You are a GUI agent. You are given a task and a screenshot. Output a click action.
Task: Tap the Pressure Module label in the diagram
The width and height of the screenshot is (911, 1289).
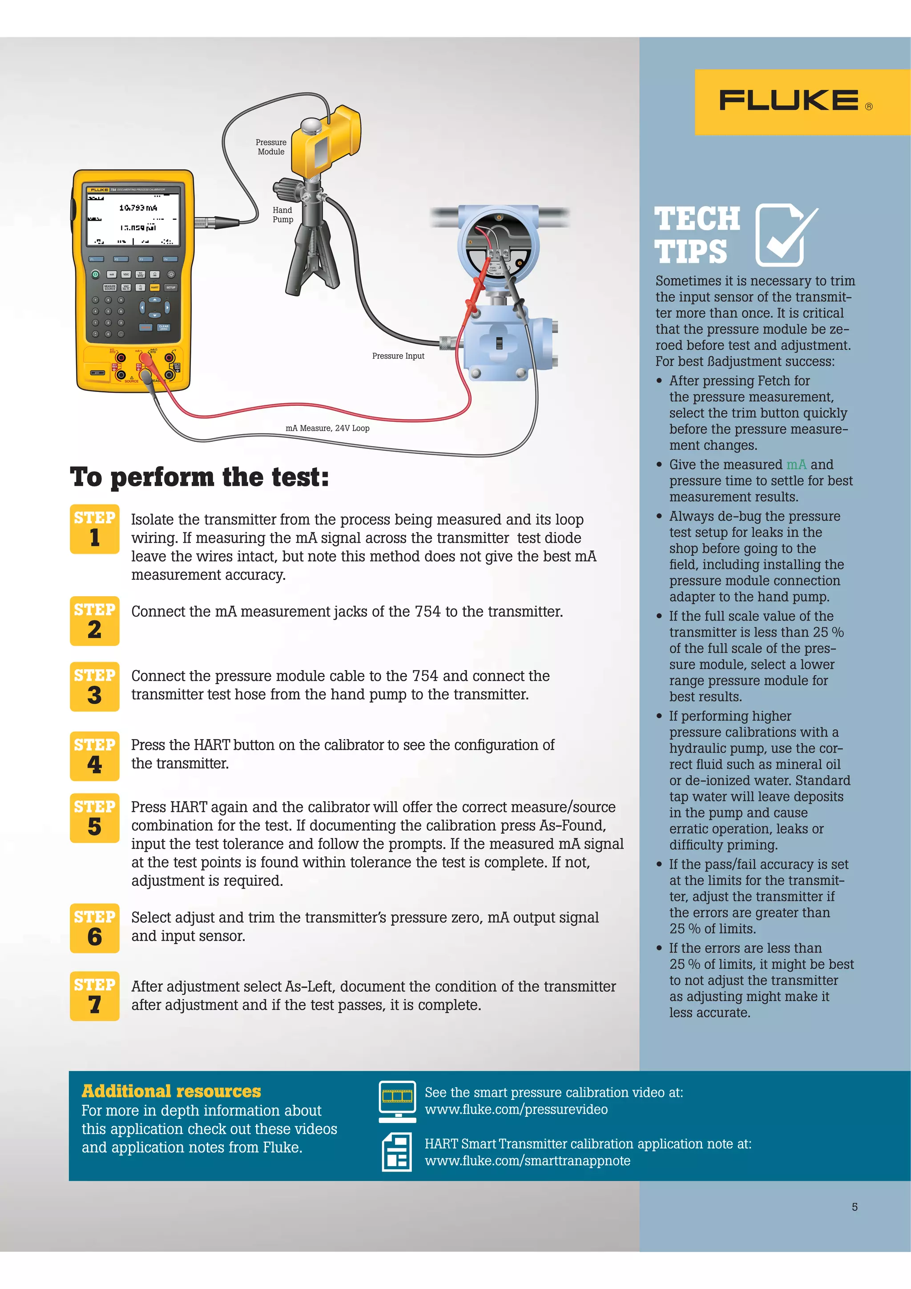271,147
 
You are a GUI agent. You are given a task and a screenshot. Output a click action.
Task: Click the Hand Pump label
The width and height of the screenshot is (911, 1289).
283,214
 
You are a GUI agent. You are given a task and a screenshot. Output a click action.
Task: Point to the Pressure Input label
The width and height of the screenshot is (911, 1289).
398,356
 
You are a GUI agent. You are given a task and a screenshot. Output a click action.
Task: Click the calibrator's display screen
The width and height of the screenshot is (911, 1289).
133,218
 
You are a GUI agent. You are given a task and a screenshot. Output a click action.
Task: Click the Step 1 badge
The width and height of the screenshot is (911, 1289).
94,529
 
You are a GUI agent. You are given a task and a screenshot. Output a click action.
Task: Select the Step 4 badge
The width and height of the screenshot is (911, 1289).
94,756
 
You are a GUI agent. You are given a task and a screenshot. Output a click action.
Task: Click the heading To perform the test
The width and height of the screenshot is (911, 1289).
199,477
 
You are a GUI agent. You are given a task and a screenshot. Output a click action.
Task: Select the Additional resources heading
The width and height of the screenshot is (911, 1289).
171,1091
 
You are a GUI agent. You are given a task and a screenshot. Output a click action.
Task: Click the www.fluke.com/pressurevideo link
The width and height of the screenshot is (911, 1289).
516,1109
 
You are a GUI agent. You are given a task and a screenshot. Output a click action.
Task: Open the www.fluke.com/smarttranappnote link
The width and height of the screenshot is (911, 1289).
527,1160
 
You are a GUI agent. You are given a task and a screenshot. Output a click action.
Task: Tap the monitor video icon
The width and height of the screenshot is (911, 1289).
397,1101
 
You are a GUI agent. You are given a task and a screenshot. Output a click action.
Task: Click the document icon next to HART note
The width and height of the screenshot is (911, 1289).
397,1152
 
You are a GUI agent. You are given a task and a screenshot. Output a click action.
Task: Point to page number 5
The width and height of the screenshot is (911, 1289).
855,1207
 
